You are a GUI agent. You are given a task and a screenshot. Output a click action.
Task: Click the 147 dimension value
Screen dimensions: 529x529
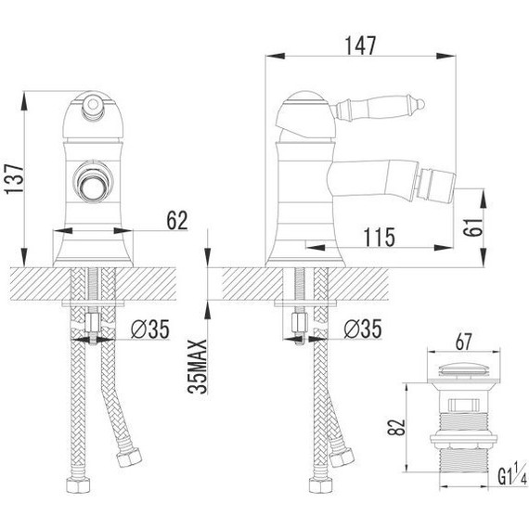click(360, 45)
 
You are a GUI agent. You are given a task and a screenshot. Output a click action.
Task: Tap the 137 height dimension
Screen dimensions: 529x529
click(15, 179)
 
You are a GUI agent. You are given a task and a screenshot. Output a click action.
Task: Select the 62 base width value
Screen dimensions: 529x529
click(177, 220)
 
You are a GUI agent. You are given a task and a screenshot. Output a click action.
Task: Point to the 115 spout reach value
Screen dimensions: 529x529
click(380, 238)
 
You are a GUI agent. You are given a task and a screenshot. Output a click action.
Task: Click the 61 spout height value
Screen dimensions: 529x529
click(473, 227)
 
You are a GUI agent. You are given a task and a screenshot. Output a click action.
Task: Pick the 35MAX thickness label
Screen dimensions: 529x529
click(198, 367)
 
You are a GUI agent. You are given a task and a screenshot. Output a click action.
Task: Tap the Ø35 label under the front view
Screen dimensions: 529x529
click(150, 329)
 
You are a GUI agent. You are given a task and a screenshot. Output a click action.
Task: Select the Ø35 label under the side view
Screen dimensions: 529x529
click(363, 329)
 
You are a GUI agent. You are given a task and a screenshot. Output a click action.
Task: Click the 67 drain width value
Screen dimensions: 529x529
click(463, 342)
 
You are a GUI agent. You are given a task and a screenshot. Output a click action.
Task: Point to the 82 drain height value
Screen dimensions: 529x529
click(396, 427)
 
